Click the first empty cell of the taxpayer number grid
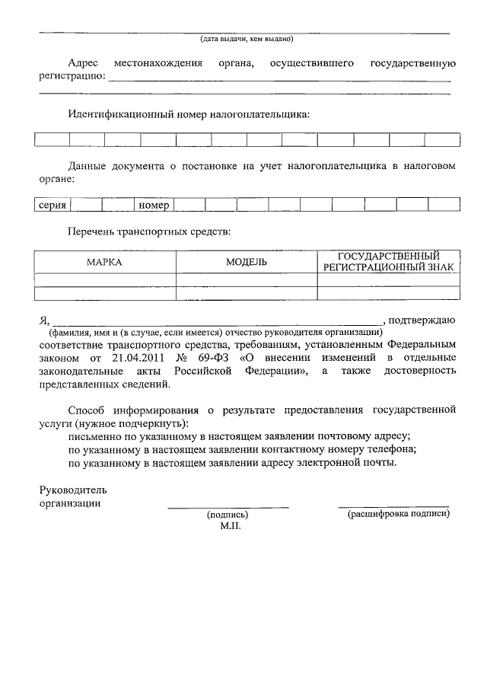[x=52, y=139]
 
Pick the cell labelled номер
[x=154, y=205]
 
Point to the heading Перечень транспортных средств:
[x=149, y=229]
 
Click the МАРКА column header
[x=104, y=262]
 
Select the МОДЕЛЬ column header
[x=246, y=262]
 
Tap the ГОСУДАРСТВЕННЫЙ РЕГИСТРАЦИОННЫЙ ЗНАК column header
[x=388, y=261]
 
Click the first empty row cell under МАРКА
[x=104, y=279]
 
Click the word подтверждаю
[x=423, y=319]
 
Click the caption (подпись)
[x=228, y=515]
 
